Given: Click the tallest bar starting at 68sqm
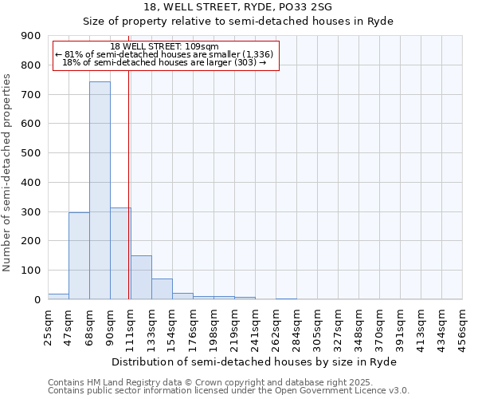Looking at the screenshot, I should tap(100, 191).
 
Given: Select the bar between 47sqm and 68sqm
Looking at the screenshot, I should tap(79, 256).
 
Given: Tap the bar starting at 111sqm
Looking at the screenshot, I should tap(141, 278).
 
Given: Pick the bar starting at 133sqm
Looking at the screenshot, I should tap(162, 289).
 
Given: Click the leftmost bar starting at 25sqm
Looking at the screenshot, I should tap(58, 297).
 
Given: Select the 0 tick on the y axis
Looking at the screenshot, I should tap(37, 299).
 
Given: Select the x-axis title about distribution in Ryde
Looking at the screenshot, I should tap(254, 362).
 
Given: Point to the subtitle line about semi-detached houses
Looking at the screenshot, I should tap(239, 21).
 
